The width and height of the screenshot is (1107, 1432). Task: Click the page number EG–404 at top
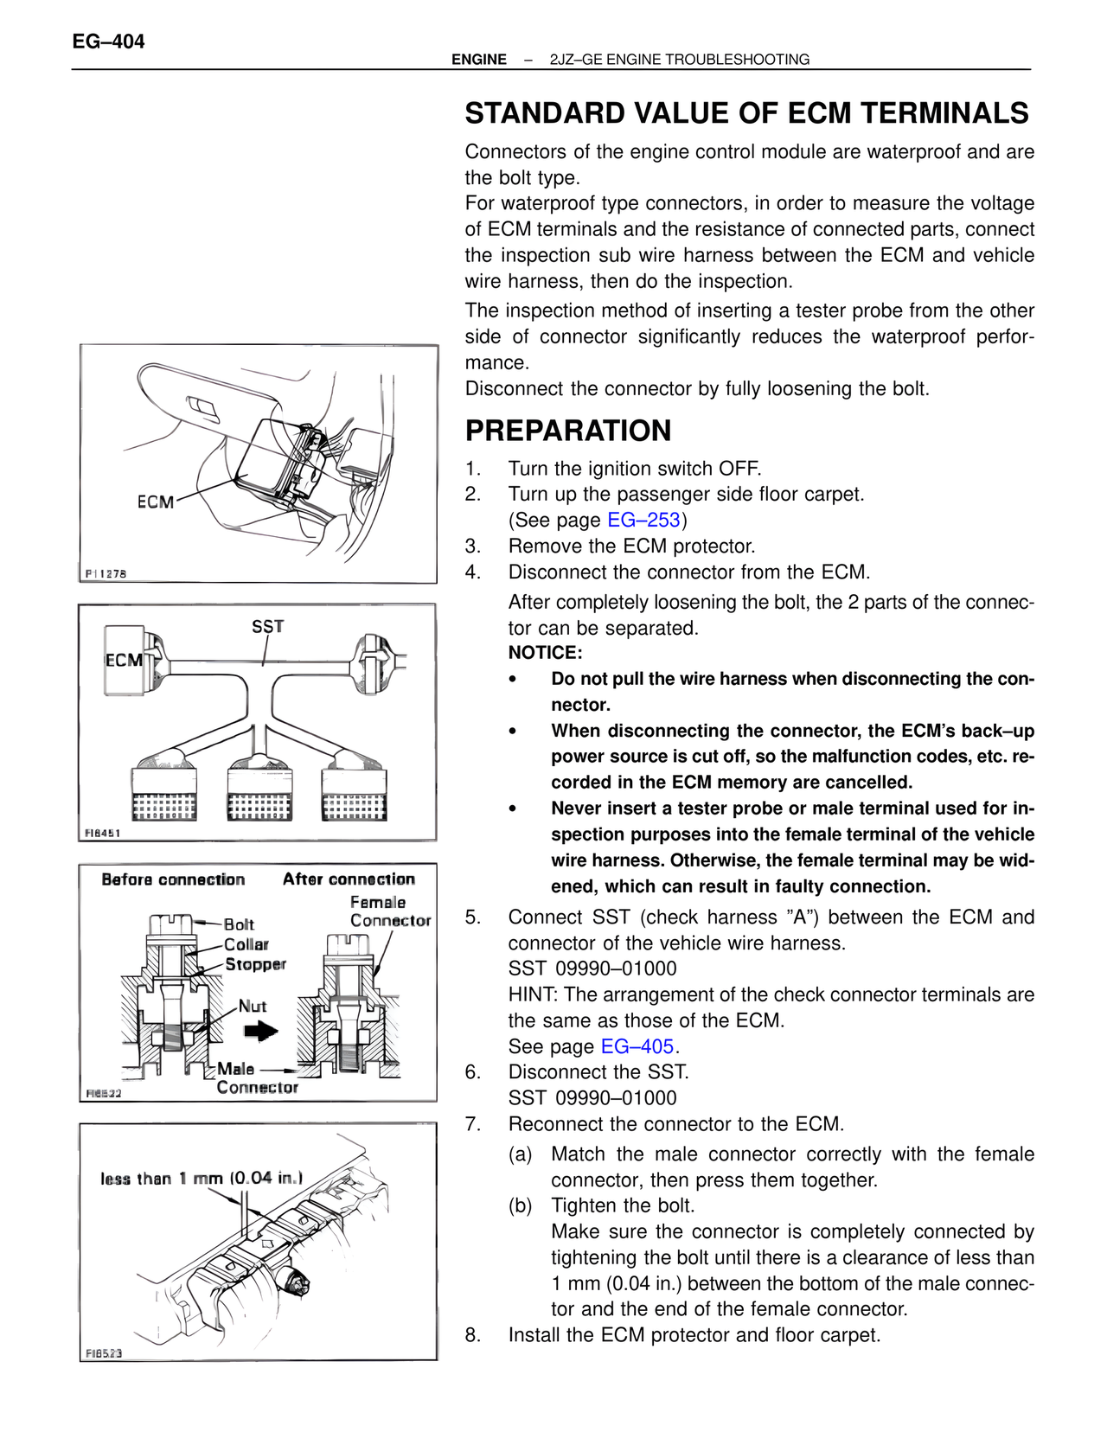click(x=108, y=42)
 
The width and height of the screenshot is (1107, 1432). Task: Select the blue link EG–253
click(x=643, y=520)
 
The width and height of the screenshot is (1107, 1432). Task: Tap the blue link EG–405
click(x=637, y=1046)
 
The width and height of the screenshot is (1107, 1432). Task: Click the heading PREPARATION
click(x=567, y=431)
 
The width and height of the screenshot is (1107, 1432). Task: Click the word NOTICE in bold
click(x=545, y=653)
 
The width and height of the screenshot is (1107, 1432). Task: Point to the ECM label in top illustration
click(x=156, y=502)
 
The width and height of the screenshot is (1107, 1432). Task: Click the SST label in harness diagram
click(x=267, y=626)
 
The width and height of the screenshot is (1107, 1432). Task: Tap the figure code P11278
click(x=106, y=573)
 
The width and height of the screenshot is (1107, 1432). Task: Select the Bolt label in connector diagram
click(x=239, y=924)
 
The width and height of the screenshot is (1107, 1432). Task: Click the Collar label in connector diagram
click(x=246, y=944)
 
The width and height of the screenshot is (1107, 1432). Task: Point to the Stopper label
click(x=255, y=964)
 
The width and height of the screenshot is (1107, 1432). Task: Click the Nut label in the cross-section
click(x=253, y=1007)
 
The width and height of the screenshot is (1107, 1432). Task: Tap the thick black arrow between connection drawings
click(x=260, y=1031)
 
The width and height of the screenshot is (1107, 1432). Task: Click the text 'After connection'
click(x=349, y=879)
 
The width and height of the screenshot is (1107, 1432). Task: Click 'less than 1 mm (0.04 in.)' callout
click(x=202, y=1179)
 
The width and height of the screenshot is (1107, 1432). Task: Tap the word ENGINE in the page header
click(x=479, y=60)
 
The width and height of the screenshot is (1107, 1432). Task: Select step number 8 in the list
click(x=472, y=1335)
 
